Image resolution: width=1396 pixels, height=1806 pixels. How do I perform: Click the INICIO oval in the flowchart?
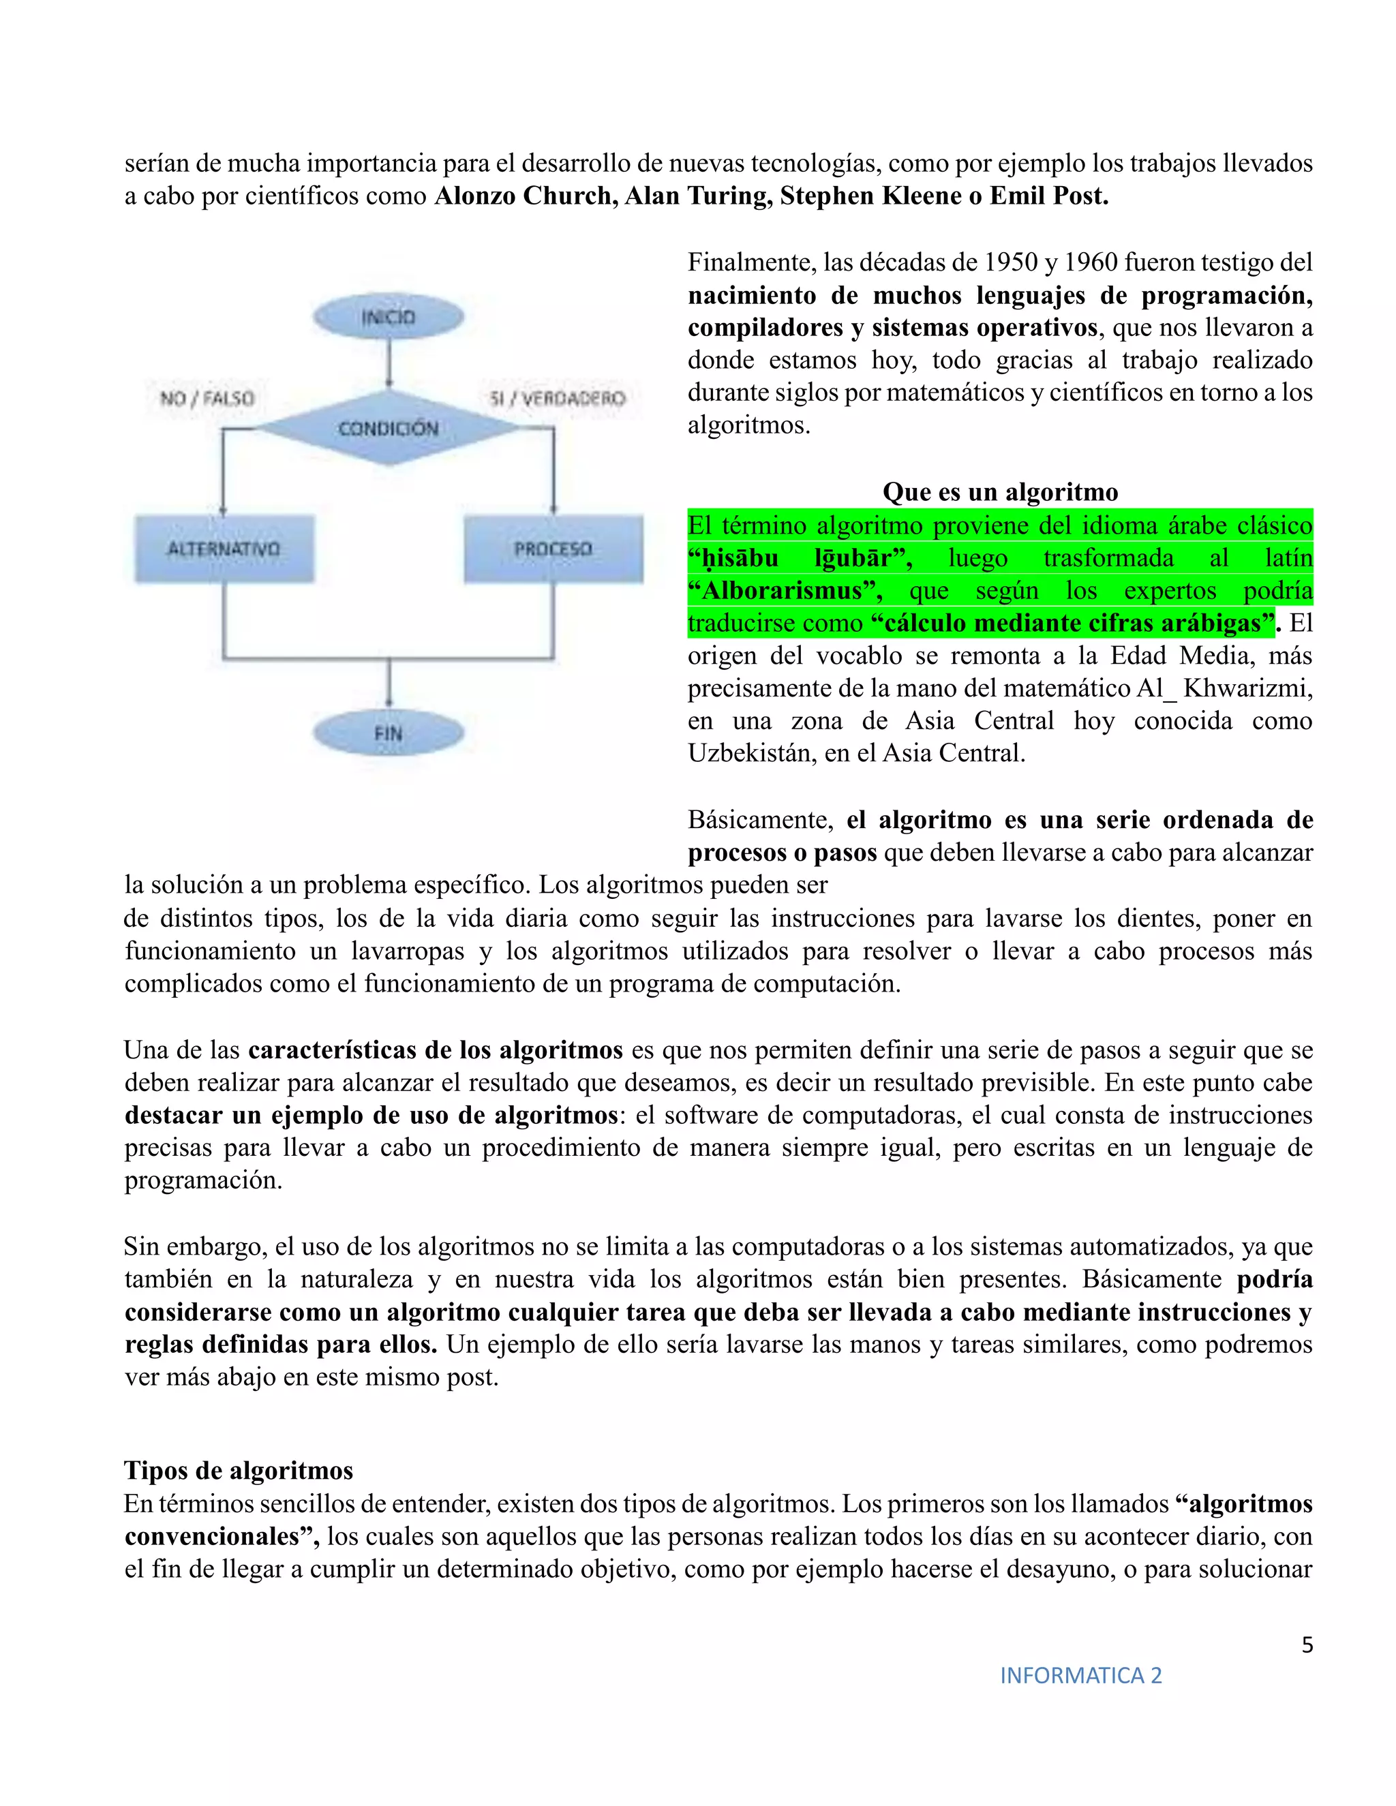point(388,317)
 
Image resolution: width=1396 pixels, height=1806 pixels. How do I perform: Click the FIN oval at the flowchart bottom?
point(388,733)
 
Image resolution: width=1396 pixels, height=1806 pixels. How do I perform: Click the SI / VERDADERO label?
point(558,399)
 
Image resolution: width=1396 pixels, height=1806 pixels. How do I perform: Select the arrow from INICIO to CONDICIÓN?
point(389,364)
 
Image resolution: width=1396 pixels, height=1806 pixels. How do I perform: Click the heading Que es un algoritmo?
point(1000,492)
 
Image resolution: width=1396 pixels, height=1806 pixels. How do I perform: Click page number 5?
point(1307,1644)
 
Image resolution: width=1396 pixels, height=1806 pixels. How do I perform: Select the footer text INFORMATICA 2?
point(1081,1675)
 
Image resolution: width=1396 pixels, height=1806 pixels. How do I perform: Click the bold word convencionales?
point(220,1536)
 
